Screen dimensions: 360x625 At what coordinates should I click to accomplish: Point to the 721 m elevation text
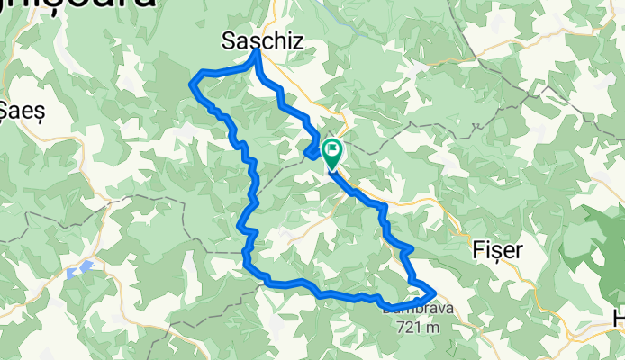click(x=417, y=327)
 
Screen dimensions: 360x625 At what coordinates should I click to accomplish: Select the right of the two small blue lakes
click(x=86, y=266)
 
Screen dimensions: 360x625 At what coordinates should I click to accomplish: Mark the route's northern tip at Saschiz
click(x=257, y=51)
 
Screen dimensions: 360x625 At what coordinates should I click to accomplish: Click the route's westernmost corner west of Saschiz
click(x=191, y=84)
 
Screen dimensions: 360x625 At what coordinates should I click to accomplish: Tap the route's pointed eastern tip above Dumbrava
click(x=435, y=292)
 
